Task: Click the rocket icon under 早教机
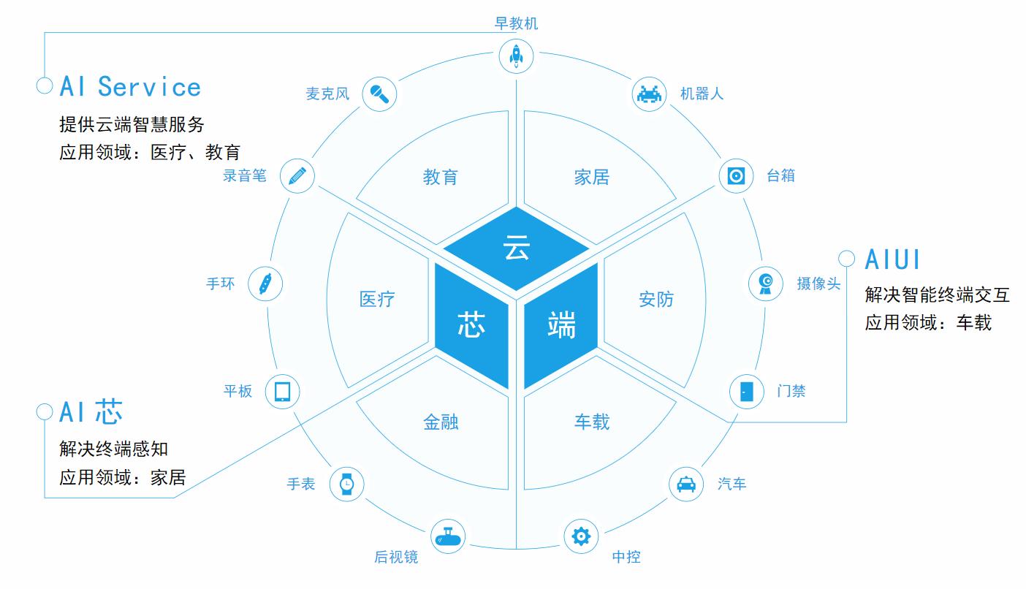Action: [x=516, y=56]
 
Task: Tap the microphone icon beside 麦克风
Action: [x=380, y=94]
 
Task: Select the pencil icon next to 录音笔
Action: [x=297, y=175]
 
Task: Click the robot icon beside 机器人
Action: [x=649, y=94]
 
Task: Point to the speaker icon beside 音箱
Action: [x=736, y=176]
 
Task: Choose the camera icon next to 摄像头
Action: [x=766, y=283]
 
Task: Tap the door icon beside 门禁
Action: [x=747, y=391]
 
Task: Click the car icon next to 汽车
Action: [x=686, y=484]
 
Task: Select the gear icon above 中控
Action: [x=581, y=536]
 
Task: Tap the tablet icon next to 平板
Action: [x=282, y=391]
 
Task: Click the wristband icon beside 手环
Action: [x=265, y=284]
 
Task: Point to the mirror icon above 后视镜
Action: [x=447, y=538]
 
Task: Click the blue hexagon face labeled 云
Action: [x=516, y=248]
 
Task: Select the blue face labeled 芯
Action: [x=471, y=324]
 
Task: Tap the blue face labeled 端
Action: [x=561, y=324]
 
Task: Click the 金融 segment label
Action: [x=441, y=422]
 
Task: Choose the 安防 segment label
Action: [x=656, y=300]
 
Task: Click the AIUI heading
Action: [x=892, y=259]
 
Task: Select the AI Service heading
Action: [x=130, y=87]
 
